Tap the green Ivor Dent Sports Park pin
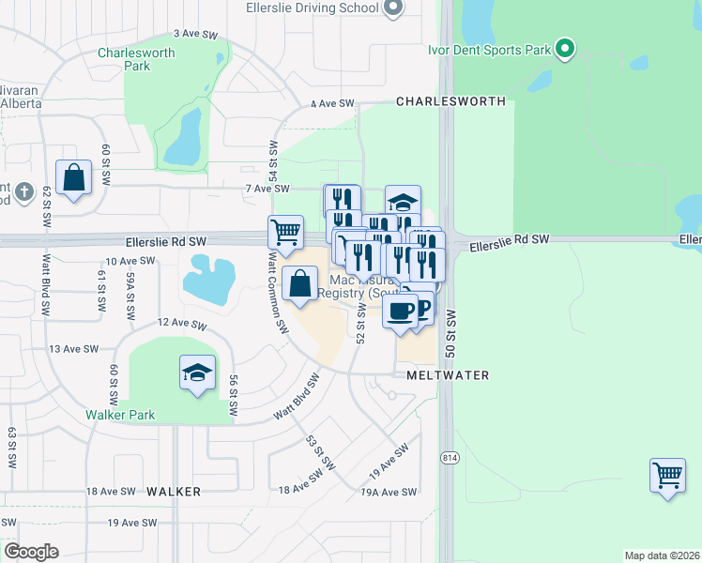tap(564, 47)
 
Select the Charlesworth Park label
tap(136, 59)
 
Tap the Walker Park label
tap(119, 415)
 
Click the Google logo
tap(31, 552)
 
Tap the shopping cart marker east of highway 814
tap(667, 476)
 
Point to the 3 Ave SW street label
tap(195, 33)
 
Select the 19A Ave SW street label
tap(388, 492)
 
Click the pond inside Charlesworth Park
tap(183, 138)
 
